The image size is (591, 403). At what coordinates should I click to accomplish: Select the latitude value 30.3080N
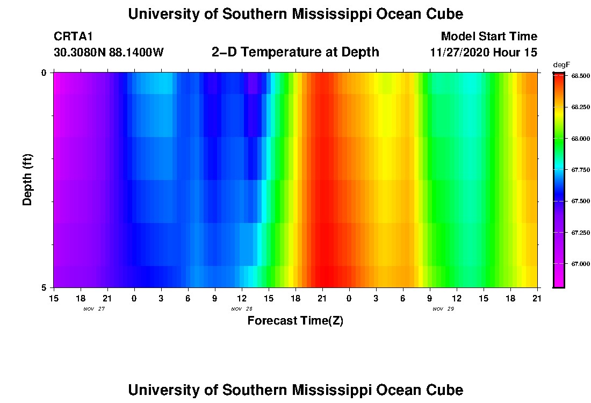coord(78,53)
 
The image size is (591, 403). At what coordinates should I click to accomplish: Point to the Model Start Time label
coord(488,37)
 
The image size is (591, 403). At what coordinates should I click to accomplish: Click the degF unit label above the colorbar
coord(561,64)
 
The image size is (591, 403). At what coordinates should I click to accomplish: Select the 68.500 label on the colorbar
coord(579,76)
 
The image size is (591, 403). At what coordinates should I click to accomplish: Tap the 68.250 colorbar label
coord(579,107)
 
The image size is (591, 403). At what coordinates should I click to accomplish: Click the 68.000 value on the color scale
coord(579,139)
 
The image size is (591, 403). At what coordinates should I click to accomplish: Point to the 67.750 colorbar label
coord(579,170)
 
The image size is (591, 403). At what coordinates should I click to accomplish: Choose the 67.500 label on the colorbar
coord(579,201)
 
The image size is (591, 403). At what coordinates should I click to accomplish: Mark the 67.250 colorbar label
coord(579,233)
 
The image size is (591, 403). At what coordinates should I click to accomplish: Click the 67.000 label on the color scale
coord(579,264)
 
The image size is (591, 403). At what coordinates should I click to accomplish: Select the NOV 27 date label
coord(94,309)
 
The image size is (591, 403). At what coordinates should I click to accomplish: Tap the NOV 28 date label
coord(242,309)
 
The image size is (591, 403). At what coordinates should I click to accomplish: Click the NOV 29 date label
coord(443,309)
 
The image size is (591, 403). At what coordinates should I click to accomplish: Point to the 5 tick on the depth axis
coord(44,287)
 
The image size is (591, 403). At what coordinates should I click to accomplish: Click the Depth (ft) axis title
coord(28,179)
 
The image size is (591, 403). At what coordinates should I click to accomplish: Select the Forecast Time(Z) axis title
coord(295,321)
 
